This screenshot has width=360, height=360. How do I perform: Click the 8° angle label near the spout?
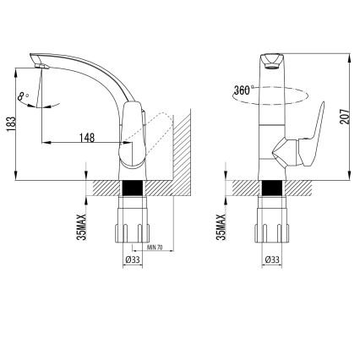pyautogui.click(x=22, y=98)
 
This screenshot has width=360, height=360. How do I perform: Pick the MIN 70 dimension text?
pyautogui.click(x=155, y=248)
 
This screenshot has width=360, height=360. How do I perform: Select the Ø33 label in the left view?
pyautogui.click(x=132, y=261)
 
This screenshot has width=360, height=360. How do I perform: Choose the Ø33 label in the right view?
pyautogui.click(x=272, y=261)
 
